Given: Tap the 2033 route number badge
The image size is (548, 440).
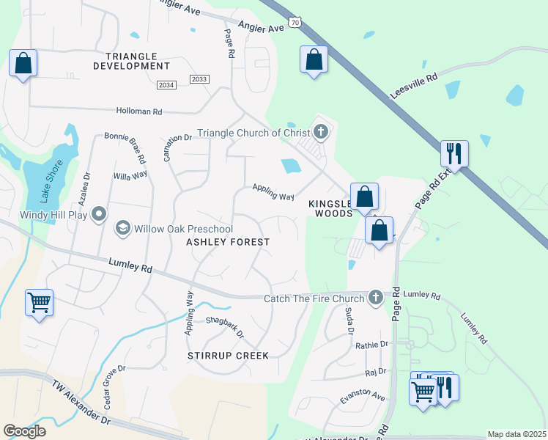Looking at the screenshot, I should point(199,78).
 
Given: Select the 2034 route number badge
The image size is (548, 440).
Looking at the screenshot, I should point(166,85).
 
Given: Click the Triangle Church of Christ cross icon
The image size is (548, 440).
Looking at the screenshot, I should point(320,133).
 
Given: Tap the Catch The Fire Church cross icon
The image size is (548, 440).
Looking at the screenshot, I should point(376,298).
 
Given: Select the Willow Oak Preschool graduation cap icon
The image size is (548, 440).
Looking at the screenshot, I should point(123,229).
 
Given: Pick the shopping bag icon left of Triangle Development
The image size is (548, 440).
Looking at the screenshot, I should point(23,64).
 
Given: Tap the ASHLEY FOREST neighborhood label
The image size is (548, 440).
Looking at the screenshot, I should point(228,242).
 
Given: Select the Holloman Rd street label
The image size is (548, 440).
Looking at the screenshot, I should point(138,111).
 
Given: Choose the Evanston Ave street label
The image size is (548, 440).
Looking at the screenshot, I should point(362,397).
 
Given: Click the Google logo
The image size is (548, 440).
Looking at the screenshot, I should point(24,430).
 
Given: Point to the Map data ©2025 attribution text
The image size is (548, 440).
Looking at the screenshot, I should point(516,434).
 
